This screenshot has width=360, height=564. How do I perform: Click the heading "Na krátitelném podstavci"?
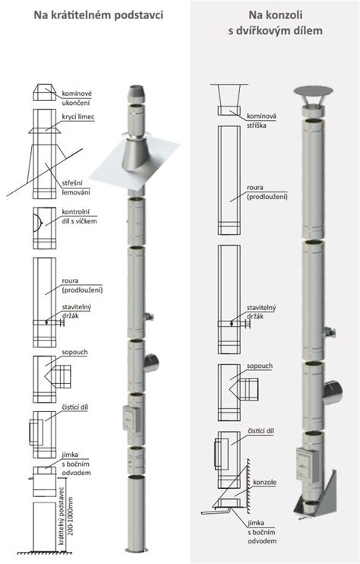99,15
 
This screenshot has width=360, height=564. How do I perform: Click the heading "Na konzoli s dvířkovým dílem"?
275,23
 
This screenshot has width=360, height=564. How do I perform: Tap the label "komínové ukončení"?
77,98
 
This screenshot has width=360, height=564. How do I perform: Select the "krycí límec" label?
78,117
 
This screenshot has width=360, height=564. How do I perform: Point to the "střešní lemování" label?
76,188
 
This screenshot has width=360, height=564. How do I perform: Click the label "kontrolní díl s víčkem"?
79,217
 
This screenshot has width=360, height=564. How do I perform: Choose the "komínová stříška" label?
261,121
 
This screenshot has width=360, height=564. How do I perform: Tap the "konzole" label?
265,483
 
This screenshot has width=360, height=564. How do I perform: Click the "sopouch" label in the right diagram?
260,366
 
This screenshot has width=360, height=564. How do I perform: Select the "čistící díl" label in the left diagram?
74,407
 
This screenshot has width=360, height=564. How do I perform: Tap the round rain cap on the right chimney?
314,90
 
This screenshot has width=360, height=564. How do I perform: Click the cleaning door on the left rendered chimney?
129,418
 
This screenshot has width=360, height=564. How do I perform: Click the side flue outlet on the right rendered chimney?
332,392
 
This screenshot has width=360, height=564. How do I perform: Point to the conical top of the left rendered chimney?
136,94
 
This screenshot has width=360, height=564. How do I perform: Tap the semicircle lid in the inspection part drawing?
37,223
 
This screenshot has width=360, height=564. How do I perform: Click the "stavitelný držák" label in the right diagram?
261,312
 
